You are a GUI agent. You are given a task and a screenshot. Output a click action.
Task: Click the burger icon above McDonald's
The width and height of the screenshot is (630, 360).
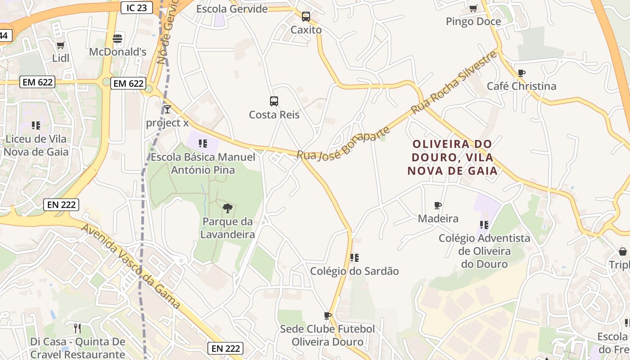point(117,39)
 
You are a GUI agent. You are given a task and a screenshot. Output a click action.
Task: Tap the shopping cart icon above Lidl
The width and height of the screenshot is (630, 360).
point(60,45)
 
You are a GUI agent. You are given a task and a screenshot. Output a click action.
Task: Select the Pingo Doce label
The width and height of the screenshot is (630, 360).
point(473,22)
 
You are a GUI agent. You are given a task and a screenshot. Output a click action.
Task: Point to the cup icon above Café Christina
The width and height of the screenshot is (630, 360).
point(522,73)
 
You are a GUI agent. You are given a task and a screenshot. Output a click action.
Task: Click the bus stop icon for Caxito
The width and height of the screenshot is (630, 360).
point(306,17)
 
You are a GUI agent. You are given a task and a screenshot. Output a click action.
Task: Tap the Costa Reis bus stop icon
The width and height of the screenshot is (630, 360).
point(274,101)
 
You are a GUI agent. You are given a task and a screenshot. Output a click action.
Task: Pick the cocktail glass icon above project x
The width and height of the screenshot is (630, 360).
point(167,109)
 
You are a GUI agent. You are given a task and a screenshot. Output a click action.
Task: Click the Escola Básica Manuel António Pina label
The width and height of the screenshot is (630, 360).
point(203,163)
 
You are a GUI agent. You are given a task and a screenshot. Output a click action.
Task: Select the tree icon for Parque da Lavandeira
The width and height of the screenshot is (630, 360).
point(228,208)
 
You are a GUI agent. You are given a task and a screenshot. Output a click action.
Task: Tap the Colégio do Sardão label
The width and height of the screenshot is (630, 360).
point(355,271)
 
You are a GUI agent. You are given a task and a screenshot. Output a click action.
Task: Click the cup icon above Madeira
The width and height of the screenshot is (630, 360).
point(438,206)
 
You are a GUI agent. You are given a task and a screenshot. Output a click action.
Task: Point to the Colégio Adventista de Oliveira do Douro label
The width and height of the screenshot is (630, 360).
point(484,251)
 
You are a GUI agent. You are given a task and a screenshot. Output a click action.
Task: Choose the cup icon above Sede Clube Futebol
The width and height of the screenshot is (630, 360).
point(327,315)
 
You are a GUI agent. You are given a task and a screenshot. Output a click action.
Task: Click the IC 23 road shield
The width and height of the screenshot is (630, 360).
point(137,8)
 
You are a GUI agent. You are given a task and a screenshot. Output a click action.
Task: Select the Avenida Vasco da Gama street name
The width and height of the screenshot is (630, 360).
point(130,266)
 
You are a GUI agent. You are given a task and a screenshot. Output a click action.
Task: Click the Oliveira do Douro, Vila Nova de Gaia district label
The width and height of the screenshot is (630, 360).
point(452,157)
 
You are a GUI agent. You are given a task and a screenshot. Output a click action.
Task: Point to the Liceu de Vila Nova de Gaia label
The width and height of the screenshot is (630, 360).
point(36,145)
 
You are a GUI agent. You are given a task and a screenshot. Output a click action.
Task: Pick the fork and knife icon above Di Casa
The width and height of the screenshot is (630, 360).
point(77,328)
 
